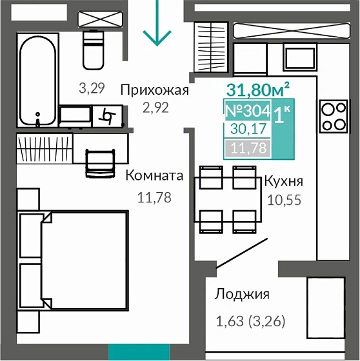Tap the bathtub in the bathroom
coord(38,81)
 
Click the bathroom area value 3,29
coord(92,89)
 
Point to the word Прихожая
coord(155,90)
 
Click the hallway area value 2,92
coord(155,108)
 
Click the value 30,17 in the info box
coord(246,130)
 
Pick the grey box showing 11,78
coord(246,149)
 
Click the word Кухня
coord(283,181)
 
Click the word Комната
coord(154,176)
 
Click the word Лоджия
coord(242,295)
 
